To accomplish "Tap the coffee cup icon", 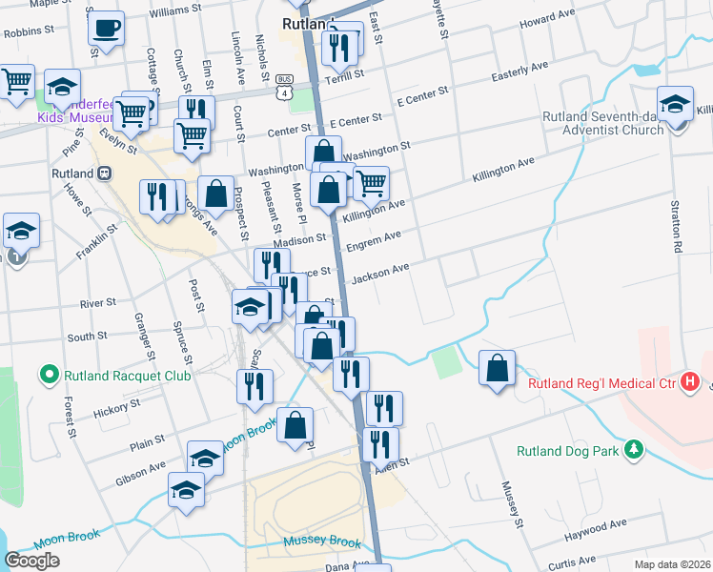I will coord(107,29).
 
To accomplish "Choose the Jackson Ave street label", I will coord(380,274).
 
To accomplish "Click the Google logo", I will coord(32,561).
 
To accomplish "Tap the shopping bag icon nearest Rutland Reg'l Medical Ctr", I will coord(497,369).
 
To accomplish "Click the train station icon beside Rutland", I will coord(104,174).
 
